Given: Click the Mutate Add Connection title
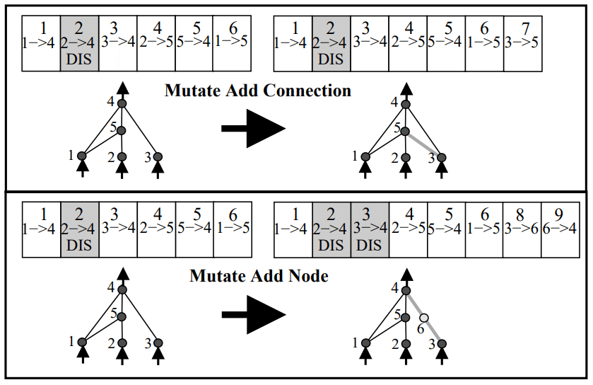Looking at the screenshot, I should click(257, 91).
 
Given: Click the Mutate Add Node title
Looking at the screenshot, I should click(259, 277).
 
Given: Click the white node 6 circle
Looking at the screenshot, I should click(424, 318).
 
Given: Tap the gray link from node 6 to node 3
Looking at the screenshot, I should click(433, 331).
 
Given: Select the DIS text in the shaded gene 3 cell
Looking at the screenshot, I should click(370, 244).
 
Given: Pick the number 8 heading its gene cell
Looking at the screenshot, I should click(522, 214).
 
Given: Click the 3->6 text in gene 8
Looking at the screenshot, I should click(522, 229).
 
